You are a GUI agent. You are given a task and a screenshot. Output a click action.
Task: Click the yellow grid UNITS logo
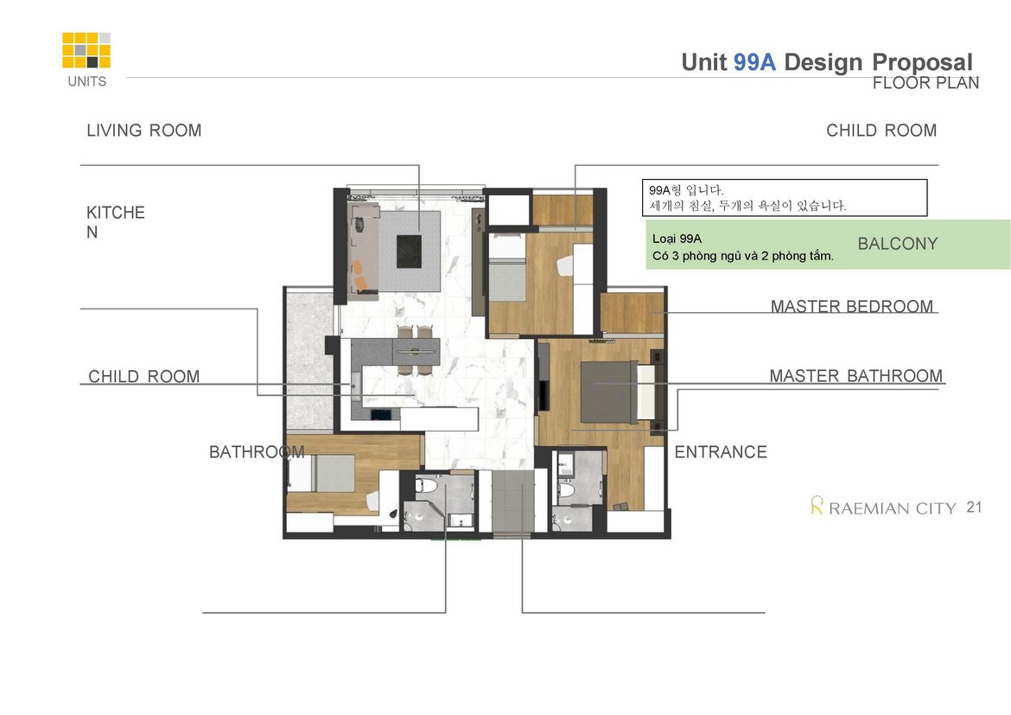coord(86,50)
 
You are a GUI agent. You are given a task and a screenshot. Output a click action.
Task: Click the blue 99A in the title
coord(754,62)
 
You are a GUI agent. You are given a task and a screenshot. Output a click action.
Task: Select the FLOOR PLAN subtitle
coord(925,83)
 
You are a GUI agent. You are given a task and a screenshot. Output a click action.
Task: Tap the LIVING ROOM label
coord(143,131)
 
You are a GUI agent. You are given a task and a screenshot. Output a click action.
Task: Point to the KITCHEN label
coord(116,222)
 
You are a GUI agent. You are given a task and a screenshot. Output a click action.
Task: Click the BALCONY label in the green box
coord(897,244)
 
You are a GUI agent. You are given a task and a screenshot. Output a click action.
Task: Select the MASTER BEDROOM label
coord(852,306)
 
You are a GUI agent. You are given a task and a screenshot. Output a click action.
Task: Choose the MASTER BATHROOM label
coord(855,375)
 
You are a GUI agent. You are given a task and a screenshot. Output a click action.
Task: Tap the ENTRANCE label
coord(720,451)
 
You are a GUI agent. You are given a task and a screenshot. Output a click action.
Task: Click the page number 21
coord(974,508)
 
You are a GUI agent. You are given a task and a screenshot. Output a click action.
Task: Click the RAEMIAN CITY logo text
coord(892,508)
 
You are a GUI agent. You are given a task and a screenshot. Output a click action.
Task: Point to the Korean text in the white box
coord(747,198)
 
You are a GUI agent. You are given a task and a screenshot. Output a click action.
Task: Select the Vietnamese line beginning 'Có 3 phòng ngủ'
coord(743,256)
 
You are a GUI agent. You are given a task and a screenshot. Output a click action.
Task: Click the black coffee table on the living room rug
coord(409,251)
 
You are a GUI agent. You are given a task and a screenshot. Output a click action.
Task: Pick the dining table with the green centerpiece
coord(416,352)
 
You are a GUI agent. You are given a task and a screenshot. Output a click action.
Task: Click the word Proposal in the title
coord(922,63)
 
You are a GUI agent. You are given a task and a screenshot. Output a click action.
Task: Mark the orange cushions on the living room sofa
coord(359,274)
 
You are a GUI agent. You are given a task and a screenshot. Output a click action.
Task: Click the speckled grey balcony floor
coord(309,361)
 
